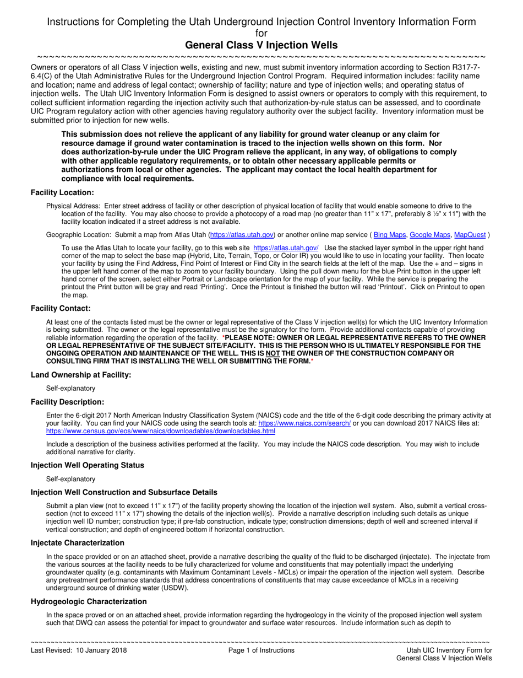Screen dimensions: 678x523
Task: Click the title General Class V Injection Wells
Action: pyautogui.click(x=261, y=45)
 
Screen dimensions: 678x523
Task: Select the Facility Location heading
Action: pyautogui.click(x=62, y=192)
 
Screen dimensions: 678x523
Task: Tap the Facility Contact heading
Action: pyautogui.click(x=61, y=308)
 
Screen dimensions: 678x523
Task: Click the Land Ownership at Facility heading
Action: pyautogui.click(x=81, y=375)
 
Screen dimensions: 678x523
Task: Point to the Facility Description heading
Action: pyautogui.click(x=67, y=402)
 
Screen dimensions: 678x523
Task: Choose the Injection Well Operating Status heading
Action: pyautogui.click(x=88, y=465)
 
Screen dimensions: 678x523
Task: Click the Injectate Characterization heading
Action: pyautogui.click(x=78, y=543)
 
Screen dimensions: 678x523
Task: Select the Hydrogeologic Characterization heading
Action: pyautogui.click(x=89, y=601)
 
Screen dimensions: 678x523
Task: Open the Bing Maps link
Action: pyautogui.click(x=389, y=235)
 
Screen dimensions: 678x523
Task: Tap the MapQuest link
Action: pyautogui.click(x=470, y=235)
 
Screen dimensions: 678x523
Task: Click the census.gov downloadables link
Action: pyautogui.click(x=161, y=431)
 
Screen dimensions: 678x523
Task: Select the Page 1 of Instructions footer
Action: pyautogui.click(x=261, y=650)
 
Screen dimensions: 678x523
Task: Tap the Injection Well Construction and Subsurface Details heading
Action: pyautogui.click(x=124, y=492)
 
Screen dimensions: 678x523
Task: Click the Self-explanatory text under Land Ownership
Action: pyautogui.click(x=70, y=389)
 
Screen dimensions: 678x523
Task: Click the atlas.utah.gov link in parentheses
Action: pyautogui.click(x=242, y=235)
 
